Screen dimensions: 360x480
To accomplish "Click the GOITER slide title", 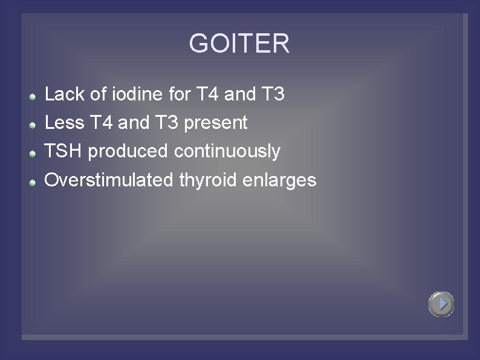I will coord(239,44).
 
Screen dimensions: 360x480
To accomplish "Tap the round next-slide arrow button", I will coord(441,304).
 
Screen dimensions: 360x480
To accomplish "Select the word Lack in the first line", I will coord(62,94).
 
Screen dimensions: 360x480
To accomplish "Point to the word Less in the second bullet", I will coord(63,123).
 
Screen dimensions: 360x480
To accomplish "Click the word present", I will coord(216,123).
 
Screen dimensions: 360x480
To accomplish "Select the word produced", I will coord(128,151).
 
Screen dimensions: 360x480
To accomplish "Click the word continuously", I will coord(227,151).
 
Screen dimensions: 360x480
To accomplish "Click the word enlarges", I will coord(281,180).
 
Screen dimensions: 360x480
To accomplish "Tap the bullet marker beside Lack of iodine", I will coord(34,96).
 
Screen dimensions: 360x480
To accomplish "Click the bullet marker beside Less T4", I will coord(34,124).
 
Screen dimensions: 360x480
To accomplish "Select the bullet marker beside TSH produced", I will coord(34,152).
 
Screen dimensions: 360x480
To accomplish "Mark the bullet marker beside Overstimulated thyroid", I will coord(34,181).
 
